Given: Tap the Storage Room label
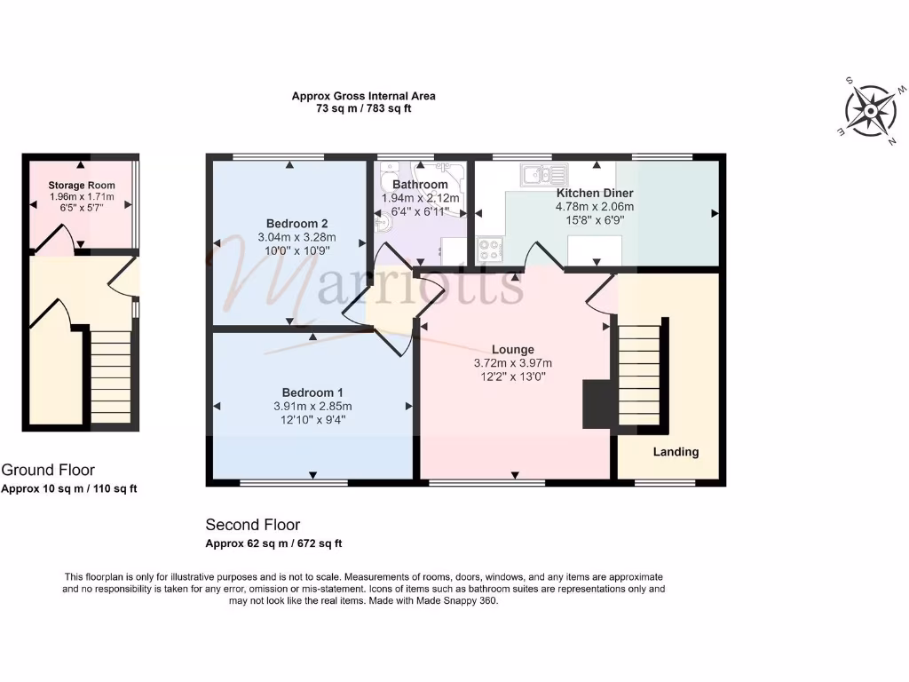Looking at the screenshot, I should [82, 186].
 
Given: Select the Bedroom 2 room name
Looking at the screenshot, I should [292, 223].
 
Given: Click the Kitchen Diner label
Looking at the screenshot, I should [595, 193].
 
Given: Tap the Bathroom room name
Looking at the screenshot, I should [420, 185].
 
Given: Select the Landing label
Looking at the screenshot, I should [676, 451].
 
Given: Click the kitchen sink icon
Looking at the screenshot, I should [543, 173].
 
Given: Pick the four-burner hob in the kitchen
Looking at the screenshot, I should [489, 249].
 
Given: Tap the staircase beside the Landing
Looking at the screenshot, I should [641, 373].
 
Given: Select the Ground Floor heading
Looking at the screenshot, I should [48, 470].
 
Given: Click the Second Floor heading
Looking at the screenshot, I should [253, 525].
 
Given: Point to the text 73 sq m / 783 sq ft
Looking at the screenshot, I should [364, 108].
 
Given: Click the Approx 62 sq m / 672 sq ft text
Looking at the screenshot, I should [273, 543].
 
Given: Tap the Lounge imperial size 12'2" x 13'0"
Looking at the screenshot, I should [514, 376].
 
